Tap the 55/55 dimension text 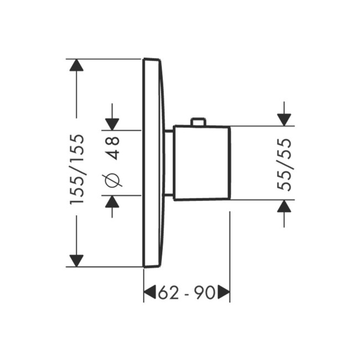coord(284,164)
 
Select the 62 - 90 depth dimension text coord(186,293)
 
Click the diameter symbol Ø coord(113,180)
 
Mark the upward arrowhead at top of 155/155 coord(76,65)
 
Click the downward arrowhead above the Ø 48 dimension coord(112,124)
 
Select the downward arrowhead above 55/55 coord(284,119)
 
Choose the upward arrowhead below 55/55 coord(284,206)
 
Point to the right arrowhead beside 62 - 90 coord(223,292)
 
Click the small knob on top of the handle coord(198,122)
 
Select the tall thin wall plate coord(152,163)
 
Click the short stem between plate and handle coord(169,163)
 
